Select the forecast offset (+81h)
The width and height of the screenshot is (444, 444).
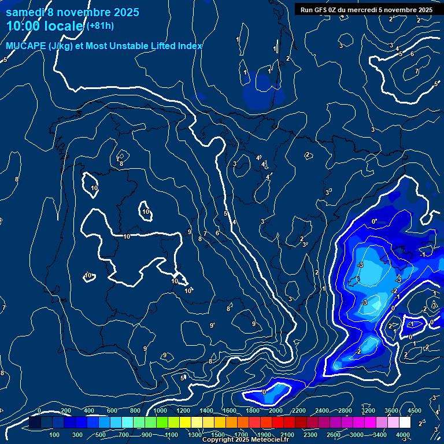pyautogui.click(x=101, y=26)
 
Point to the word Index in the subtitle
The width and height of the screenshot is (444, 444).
pyautogui.click(x=188, y=46)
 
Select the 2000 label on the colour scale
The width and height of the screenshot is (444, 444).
pyautogui.click(x=276, y=410)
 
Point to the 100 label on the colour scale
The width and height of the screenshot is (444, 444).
pyautogui.click(x=55, y=435)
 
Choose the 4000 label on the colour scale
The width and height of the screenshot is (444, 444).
pyautogui.click(x=403, y=435)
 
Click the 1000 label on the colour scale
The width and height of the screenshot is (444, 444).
pyautogui.click(x=160, y=410)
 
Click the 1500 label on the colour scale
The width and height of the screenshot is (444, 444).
pyautogui.click(x=218, y=435)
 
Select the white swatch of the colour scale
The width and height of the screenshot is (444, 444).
pyautogui.click(x=405, y=423)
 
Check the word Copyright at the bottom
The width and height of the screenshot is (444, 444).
pyautogui.click(x=219, y=440)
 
